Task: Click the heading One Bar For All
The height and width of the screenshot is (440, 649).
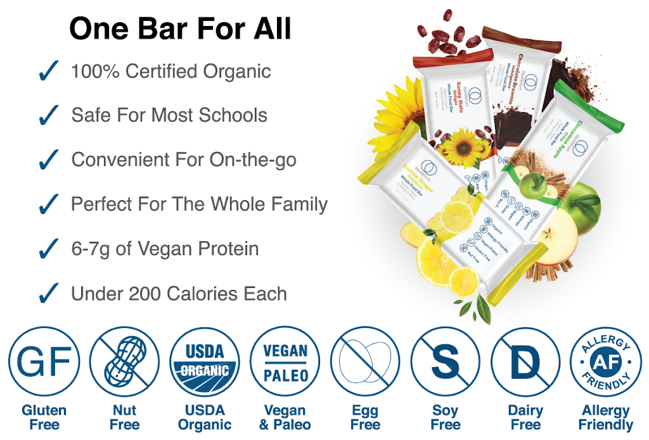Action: [180, 28]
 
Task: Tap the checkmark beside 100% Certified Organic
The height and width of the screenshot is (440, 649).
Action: [49, 72]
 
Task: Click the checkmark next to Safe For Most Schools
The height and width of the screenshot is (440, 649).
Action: [49, 116]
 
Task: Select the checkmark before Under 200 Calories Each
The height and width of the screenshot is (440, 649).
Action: [49, 294]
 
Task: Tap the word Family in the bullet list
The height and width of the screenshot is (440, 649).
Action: [297, 204]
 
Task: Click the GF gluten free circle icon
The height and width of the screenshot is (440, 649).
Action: [44, 361]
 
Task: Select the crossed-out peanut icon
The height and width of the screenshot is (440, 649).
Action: [125, 361]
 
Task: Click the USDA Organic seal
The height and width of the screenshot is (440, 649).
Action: [205, 361]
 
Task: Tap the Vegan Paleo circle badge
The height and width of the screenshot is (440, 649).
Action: [285, 361]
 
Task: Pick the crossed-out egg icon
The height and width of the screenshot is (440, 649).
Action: [365, 361]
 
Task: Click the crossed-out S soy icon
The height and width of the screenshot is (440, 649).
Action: [446, 361]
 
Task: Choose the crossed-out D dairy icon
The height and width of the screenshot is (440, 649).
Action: [525, 361]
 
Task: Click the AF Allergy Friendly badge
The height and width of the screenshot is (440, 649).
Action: [606, 361]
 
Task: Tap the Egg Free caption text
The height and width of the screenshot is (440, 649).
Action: [365, 418]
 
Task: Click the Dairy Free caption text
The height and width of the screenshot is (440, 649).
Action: [525, 418]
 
